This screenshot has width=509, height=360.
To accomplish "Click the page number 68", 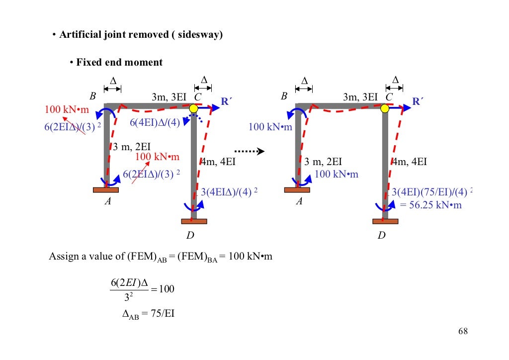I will coord(463,332).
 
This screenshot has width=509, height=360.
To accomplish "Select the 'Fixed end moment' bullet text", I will coord(119,63).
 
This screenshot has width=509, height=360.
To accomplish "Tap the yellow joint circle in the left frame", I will coord(193,108).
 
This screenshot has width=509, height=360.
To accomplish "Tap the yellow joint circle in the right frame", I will coord(385,108).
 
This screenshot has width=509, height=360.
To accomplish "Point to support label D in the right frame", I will coord(381,235).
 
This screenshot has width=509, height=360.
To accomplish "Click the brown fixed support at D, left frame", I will coord(194,221).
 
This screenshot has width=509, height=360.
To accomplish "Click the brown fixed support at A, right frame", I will coord(297,190).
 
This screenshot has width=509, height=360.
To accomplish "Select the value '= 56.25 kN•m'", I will coord(431,205).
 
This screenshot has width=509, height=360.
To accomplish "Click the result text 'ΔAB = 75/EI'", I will coord(148,315).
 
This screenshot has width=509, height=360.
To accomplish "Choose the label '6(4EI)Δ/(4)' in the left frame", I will coord(155,123).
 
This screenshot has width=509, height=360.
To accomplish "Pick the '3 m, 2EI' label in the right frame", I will coord(323,162).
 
